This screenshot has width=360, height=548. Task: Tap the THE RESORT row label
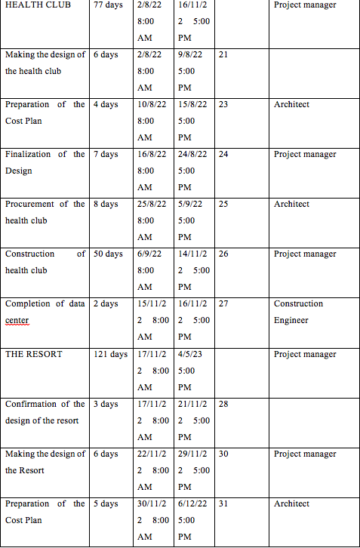[34, 354]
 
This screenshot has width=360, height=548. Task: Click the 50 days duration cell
[108, 254]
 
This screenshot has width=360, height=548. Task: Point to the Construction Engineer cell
[298, 312]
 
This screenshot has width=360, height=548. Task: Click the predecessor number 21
[223, 55]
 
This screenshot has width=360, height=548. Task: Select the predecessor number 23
[223, 105]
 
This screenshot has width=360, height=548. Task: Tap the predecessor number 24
[223, 155]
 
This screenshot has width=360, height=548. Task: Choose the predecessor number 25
[223, 205]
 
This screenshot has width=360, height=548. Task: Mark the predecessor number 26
[223, 254]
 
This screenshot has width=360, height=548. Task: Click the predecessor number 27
[223, 304]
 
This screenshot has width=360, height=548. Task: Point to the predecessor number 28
[223, 404]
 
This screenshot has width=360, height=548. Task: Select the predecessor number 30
[223, 454]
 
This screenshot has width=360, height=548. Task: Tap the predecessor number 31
[223, 503]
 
